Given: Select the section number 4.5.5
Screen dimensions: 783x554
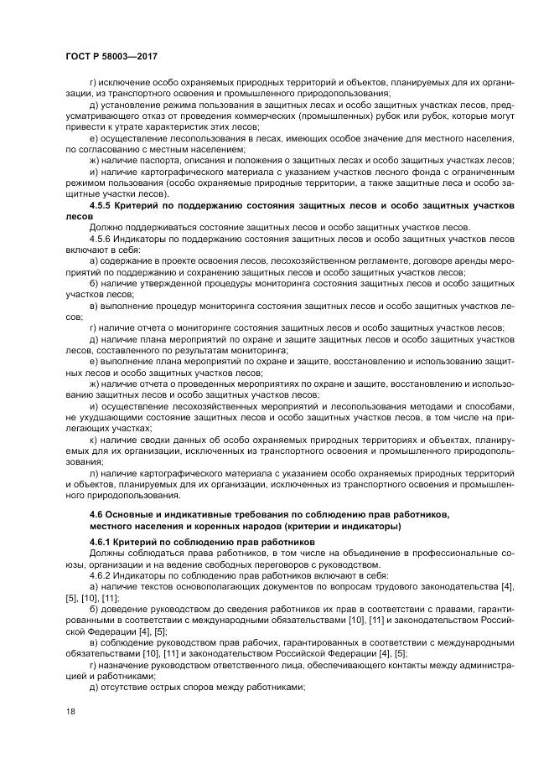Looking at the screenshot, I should (x=101, y=206).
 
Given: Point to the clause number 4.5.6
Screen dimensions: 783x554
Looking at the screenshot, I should (x=101, y=239).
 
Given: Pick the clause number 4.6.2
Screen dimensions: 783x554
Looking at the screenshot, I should (x=101, y=576).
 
